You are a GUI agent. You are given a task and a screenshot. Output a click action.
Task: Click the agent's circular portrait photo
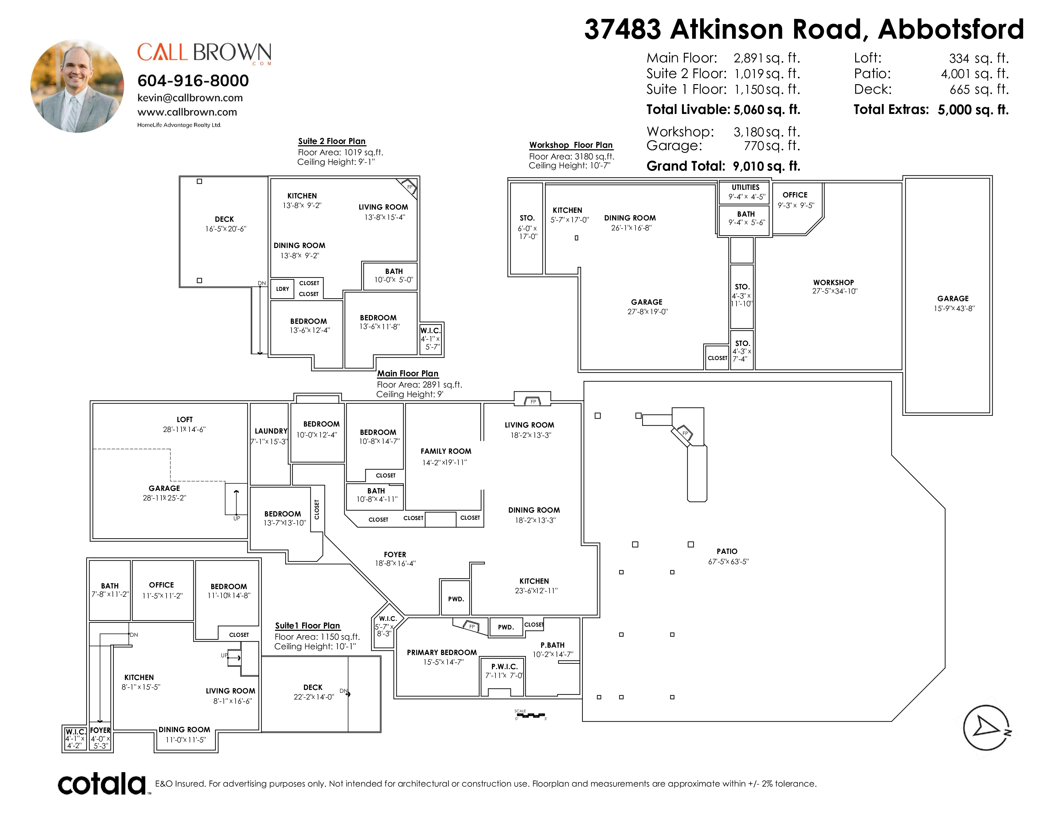point(77,86)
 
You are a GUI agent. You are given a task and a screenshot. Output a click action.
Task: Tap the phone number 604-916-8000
point(193,80)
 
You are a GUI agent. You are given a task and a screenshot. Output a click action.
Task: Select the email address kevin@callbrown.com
point(190,98)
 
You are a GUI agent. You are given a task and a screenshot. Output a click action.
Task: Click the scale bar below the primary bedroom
point(530,715)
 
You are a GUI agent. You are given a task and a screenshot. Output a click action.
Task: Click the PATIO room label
point(727,551)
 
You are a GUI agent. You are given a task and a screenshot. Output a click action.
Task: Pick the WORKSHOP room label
point(833,282)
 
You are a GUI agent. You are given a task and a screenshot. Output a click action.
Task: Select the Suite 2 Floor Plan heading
point(332,141)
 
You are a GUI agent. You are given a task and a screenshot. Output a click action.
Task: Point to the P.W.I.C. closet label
point(504,667)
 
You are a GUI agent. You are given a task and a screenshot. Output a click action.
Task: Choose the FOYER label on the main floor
point(395,555)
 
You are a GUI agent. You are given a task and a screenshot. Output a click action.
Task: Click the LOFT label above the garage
point(184,420)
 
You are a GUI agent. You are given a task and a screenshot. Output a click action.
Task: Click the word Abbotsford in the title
point(951,29)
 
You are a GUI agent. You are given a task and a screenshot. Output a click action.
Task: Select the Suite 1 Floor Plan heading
point(307,626)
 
